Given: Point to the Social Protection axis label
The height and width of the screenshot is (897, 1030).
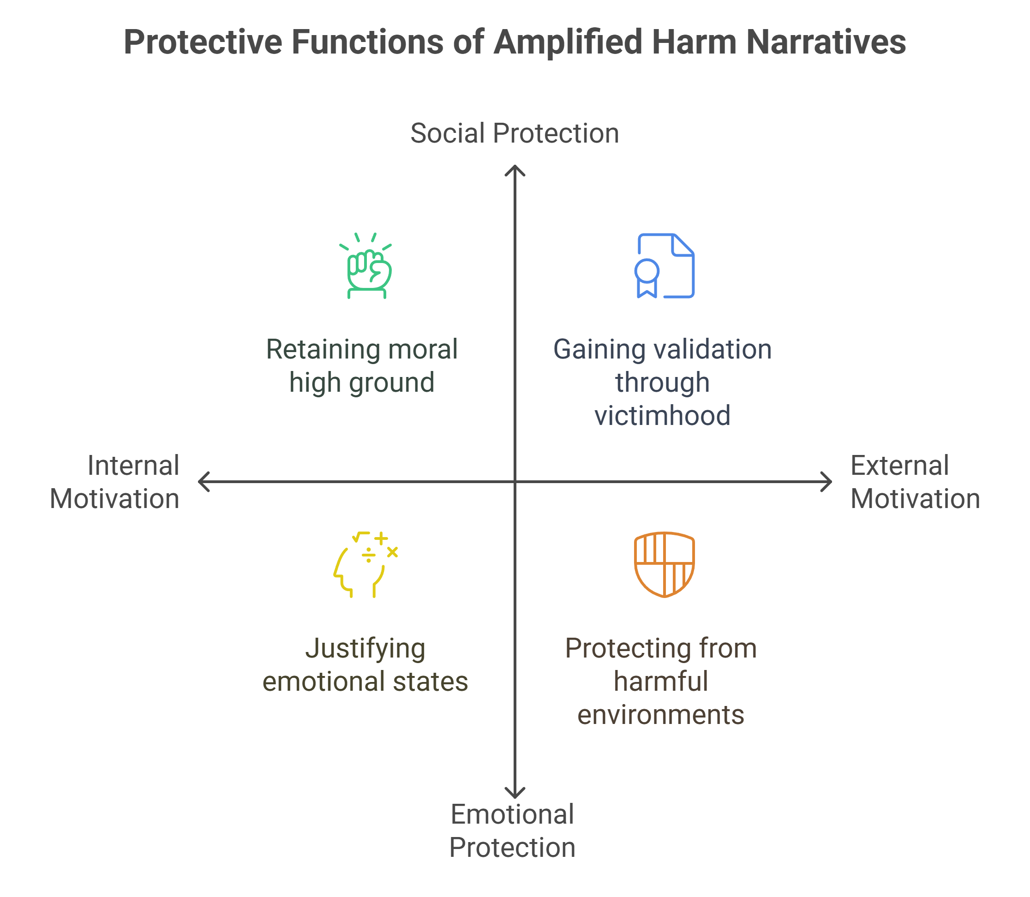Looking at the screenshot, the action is pyautogui.click(x=515, y=134).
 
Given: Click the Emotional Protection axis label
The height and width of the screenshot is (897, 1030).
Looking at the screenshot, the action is pyautogui.click(x=512, y=831).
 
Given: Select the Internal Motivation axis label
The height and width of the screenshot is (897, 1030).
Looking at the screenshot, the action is pyautogui.click(x=114, y=482).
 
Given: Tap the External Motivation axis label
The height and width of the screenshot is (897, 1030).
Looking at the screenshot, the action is pyautogui.click(x=915, y=482).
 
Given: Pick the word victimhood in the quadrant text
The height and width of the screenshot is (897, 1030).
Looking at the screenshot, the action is pyautogui.click(x=663, y=415).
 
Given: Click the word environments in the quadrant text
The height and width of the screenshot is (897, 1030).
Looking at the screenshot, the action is pyautogui.click(x=661, y=715).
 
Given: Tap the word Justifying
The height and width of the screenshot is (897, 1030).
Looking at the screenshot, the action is pyautogui.click(x=366, y=649).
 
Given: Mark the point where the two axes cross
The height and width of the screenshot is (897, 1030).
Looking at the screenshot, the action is pyautogui.click(x=515, y=482).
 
